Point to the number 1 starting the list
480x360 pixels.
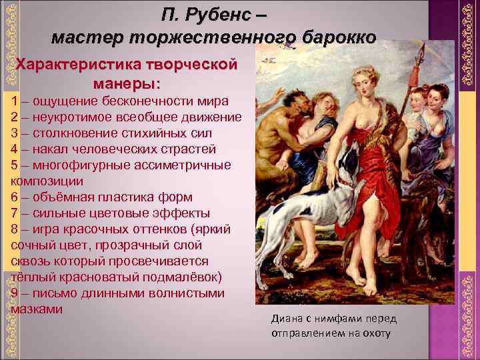(15, 101)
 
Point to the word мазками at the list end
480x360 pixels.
(37, 309)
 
